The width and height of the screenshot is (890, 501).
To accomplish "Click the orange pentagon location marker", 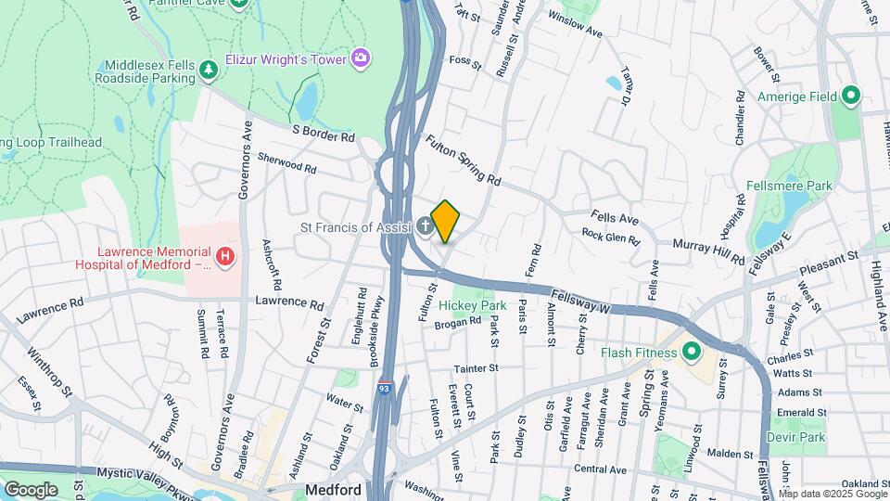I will [445, 222].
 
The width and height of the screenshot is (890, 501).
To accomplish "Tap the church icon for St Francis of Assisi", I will [424, 225].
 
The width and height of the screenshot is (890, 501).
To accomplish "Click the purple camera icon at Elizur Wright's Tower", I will [360, 58].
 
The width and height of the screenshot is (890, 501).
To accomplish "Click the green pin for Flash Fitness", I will [690, 353].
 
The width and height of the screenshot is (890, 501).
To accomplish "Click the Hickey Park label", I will [473, 305].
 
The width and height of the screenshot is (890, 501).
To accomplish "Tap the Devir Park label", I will [795, 437].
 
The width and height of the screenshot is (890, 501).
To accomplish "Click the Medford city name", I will [334, 489].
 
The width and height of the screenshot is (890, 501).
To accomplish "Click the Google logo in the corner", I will [31, 489].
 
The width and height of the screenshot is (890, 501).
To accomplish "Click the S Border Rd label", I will [323, 135].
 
